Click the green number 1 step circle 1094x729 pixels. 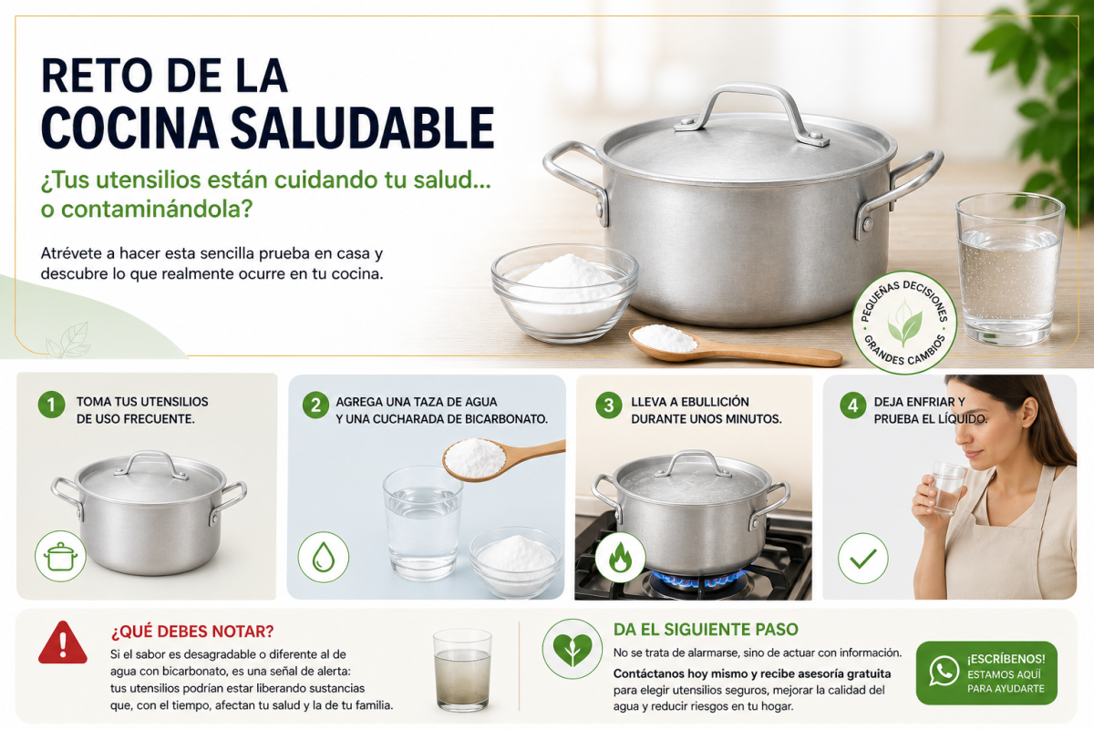(51, 405)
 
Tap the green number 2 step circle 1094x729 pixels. (315, 406)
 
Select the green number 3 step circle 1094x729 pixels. (609, 405)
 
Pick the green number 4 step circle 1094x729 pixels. (852, 406)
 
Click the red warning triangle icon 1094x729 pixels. (63, 643)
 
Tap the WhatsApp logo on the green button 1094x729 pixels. (944, 671)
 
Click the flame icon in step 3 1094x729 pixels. (620, 557)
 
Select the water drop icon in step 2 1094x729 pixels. (324, 557)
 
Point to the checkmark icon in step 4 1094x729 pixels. (863, 558)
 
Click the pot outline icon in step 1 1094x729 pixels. (60, 556)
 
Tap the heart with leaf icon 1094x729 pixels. (572, 649)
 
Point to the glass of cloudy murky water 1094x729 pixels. (462, 670)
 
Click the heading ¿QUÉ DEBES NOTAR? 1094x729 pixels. (192, 631)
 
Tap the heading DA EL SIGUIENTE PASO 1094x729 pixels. (706, 630)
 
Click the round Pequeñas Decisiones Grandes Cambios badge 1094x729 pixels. (904, 323)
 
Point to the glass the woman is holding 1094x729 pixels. (948, 488)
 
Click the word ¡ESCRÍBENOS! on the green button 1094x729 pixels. (1006, 659)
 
